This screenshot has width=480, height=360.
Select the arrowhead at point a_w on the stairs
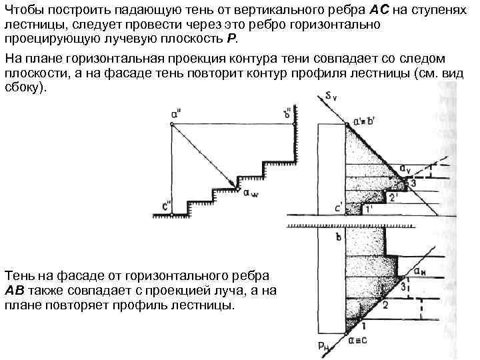pyautogui.click(x=237, y=187)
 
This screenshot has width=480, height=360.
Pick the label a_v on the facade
pyautogui.click(x=405, y=168)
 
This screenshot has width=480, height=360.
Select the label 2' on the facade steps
pyautogui.click(x=393, y=198)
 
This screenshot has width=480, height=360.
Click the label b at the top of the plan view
pyautogui.click(x=338, y=236)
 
